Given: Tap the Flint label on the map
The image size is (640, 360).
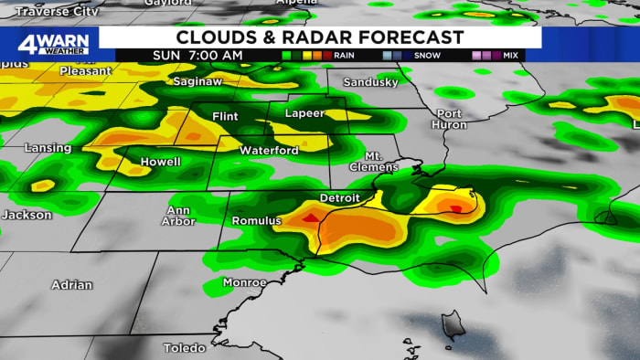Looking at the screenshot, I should point(225,117).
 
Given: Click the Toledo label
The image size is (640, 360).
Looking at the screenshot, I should point(185,348).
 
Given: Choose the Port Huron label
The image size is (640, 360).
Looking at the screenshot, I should point(449,119).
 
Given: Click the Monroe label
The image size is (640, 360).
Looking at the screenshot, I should point(245,282).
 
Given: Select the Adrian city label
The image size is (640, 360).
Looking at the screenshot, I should point(71,285).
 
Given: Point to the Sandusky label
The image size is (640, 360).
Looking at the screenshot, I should point(370,82).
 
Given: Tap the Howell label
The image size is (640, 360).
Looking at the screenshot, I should point(160,162).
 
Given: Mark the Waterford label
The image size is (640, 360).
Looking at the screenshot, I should point(269,150).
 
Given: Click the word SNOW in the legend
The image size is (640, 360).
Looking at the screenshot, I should point(427,56).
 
